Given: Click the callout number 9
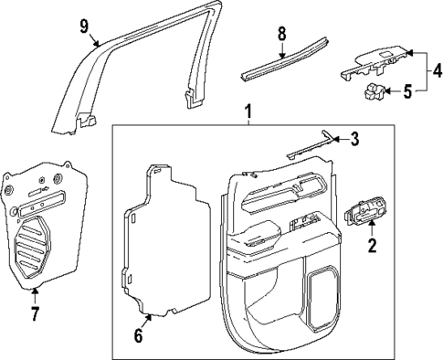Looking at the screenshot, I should (x=85, y=25).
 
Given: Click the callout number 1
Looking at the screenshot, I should (x=248, y=112).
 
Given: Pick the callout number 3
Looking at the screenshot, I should (x=356, y=139).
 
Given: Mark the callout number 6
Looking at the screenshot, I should (x=138, y=335).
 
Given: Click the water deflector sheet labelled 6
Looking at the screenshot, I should (x=164, y=238).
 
